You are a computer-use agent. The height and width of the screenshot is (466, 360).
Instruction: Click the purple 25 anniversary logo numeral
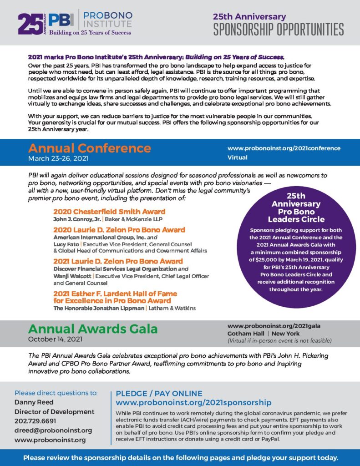click(x=30, y=24)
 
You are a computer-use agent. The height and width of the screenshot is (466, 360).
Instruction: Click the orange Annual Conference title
click(x=89, y=148)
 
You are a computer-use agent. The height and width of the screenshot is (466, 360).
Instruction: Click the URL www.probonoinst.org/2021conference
click(x=284, y=148)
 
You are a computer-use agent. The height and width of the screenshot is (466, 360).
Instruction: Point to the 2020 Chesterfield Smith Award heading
click(x=109, y=212)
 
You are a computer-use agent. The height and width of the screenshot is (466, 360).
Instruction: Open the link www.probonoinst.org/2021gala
click(x=274, y=326)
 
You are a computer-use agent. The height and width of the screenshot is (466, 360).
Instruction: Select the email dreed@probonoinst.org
click(x=53, y=430)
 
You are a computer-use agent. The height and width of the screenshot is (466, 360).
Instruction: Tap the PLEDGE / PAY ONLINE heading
click(x=159, y=394)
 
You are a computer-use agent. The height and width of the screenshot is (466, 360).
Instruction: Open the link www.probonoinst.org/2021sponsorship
click(x=194, y=403)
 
